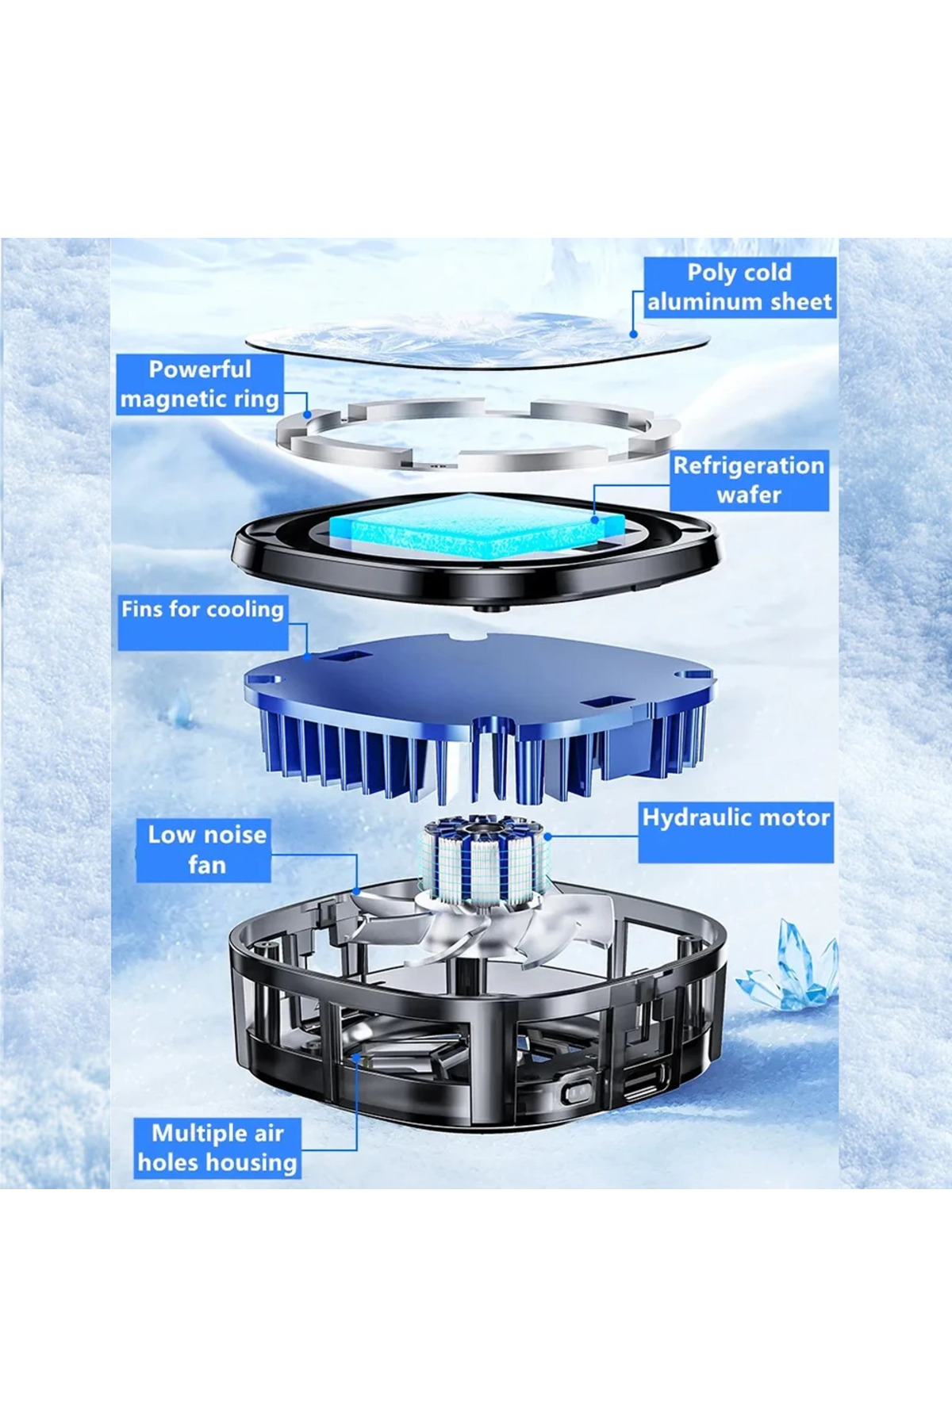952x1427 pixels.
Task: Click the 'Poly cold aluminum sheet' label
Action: click(x=739, y=287)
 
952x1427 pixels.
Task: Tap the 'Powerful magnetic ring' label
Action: click(x=200, y=384)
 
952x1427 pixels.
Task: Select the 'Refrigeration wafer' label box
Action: click(x=749, y=480)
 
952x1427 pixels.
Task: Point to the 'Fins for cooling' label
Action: click(x=202, y=622)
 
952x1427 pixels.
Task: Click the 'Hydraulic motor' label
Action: click(x=736, y=832)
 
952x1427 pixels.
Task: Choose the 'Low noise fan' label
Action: click(x=204, y=850)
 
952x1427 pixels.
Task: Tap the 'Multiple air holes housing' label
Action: click(x=217, y=1148)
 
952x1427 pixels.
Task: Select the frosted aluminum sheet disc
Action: click(x=476, y=341)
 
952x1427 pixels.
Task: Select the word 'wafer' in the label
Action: click(x=749, y=495)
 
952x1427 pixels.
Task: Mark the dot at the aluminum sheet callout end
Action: click(x=633, y=335)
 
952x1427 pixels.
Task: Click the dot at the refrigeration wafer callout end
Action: click(x=596, y=520)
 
